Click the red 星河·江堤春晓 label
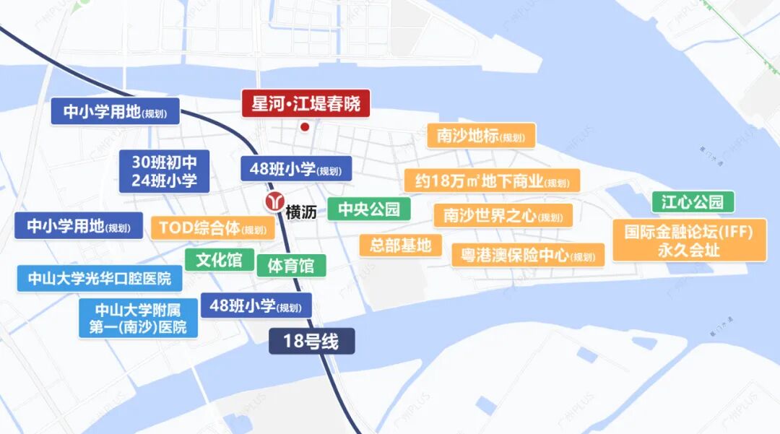point(305,103)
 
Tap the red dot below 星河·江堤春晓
point(305,127)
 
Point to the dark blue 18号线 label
point(312,342)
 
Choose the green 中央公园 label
point(368,209)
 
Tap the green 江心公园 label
point(693,201)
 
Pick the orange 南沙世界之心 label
point(503,215)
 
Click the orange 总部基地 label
point(400,245)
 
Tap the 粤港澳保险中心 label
point(527,255)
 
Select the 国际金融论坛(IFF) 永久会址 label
point(689,240)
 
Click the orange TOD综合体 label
point(212,228)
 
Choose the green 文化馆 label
point(219,260)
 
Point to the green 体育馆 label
point(291,265)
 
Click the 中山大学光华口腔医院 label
point(99,278)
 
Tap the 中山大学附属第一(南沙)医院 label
point(138,318)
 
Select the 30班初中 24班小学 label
point(164,171)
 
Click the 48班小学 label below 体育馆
point(256,306)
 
